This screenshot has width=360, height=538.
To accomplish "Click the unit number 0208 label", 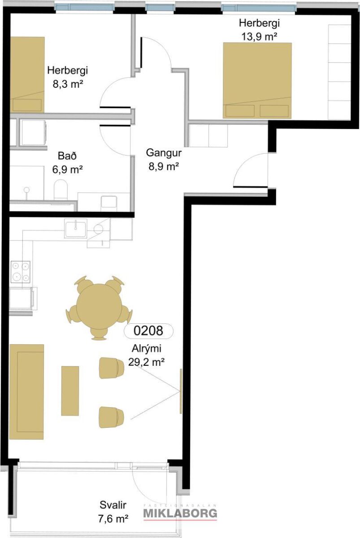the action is [148, 331].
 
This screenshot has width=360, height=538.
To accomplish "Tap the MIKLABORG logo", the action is [180, 513].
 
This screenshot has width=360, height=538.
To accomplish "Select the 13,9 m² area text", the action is [259, 37].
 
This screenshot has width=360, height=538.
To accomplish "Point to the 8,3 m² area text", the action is [68, 84].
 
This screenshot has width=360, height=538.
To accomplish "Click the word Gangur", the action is [164, 153].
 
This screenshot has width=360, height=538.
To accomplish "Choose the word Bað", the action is [67, 156].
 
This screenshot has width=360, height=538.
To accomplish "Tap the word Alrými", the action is [147, 349].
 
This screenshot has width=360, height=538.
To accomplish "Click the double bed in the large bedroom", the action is [257, 80].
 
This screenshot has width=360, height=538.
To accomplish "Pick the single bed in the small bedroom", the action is [27, 75].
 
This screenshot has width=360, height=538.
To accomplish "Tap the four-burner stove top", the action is [21, 272].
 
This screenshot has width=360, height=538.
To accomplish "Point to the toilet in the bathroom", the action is [61, 189].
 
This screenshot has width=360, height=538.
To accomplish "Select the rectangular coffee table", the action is [70, 391].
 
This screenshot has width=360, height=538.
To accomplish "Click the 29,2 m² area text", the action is [146, 362].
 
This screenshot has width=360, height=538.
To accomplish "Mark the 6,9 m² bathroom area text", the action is [68, 169].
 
